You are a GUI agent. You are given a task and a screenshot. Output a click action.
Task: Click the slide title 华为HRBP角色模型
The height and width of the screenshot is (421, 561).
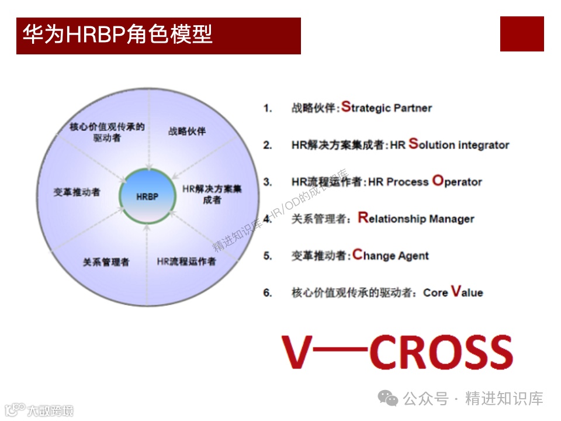coord(117,35)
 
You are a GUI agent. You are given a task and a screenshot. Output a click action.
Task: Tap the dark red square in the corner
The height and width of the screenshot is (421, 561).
coord(522,34)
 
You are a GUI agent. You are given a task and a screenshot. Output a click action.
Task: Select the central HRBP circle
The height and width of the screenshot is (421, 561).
coord(147,196)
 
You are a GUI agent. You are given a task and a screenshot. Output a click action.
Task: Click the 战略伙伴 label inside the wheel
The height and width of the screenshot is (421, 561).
coord(187,131)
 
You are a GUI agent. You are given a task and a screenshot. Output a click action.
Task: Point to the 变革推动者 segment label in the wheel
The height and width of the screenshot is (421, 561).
coord(77,192)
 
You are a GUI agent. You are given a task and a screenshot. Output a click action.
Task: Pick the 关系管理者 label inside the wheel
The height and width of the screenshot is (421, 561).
coord(106,261)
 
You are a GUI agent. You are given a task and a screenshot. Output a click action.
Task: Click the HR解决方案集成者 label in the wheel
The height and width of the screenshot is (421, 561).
coord(212,195)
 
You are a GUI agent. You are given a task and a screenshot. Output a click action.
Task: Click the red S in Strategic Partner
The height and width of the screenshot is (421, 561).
coord(346,106)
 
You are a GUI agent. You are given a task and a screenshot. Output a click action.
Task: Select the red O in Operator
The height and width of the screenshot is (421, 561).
coord(438,181)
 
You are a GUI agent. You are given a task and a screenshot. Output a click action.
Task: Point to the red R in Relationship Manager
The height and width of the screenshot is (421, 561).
coord(363,218)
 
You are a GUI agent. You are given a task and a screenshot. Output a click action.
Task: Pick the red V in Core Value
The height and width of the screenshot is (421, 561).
coord(456,291)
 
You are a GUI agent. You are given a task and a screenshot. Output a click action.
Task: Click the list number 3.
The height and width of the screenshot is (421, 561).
coord(268,182)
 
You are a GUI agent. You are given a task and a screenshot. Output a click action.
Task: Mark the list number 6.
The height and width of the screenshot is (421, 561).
coord(268,292)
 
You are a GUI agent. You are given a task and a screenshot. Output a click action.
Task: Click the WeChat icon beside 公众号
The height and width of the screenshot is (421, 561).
coord(388,398)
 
